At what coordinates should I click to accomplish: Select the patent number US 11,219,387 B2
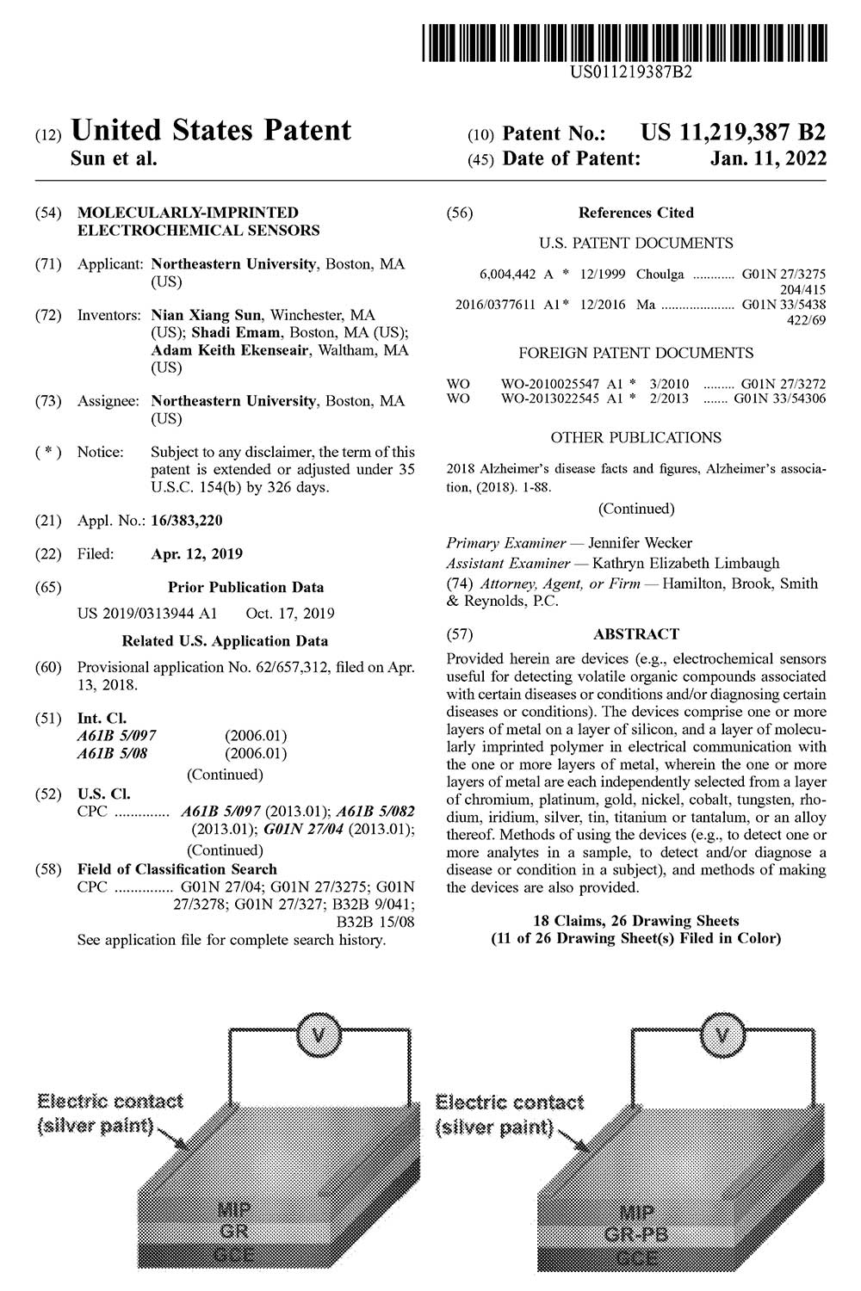click(x=733, y=133)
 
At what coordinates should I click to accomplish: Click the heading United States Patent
click(x=211, y=131)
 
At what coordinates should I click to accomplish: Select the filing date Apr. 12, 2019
click(x=196, y=554)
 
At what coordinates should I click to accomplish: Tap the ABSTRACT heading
click(x=635, y=634)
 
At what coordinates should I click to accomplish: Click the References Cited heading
click(x=635, y=213)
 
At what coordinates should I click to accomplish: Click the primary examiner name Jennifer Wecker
click(x=640, y=543)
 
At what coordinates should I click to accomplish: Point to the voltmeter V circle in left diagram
click(x=318, y=1033)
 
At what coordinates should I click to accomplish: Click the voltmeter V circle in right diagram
click(x=722, y=1033)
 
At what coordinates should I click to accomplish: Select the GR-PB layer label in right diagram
click(x=637, y=1236)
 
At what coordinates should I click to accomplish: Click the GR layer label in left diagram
click(x=234, y=1232)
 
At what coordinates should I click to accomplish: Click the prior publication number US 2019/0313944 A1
click(x=147, y=614)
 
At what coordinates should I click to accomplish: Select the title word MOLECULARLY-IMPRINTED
click(x=188, y=213)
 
